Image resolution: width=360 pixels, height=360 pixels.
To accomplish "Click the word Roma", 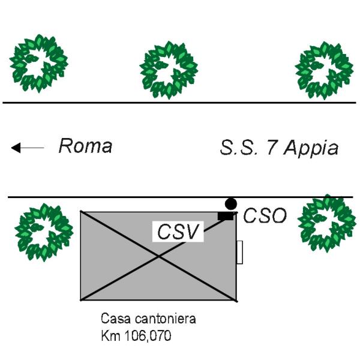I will click(85, 146).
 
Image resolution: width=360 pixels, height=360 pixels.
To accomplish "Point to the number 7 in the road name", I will click(272, 148).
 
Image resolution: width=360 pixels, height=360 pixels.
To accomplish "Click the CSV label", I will click(178, 232).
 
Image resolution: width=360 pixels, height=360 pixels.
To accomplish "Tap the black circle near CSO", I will click(231, 203).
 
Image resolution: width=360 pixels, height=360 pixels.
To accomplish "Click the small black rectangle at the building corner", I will click(225, 215).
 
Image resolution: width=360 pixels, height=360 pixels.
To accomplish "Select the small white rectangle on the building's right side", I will click(239, 252).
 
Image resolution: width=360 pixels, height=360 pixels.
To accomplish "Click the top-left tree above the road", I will click(39, 62).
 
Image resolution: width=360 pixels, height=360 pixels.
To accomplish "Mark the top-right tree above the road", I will click(325, 68).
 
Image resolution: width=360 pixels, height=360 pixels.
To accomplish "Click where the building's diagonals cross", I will click(159, 256).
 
